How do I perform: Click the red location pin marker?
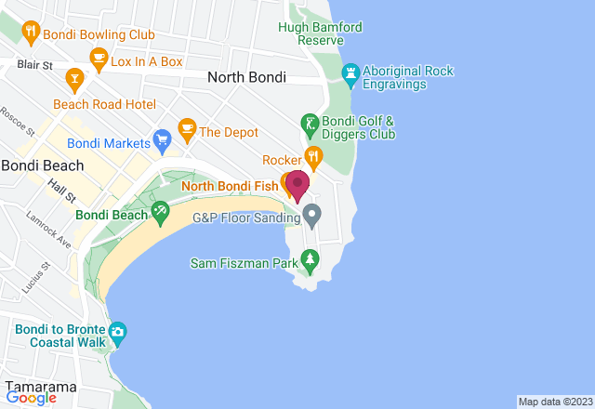[297, 183]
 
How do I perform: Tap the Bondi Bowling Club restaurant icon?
[32, 33]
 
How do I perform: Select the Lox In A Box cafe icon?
[98, 60]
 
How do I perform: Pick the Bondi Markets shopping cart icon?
[163, 143]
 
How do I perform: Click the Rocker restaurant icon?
[313, 159]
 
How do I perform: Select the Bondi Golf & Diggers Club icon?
[310, 124]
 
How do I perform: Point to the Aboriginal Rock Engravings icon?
[351, 73]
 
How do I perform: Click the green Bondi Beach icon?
[161, 215]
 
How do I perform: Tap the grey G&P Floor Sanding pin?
[312, 218]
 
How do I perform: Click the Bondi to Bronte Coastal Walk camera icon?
[118, 333]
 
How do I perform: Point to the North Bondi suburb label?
[246, 78]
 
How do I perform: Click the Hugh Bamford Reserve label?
[320, 34]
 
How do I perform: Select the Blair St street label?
[33, 65]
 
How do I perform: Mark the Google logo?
[31, 398]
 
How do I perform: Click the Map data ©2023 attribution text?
[554, 402]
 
